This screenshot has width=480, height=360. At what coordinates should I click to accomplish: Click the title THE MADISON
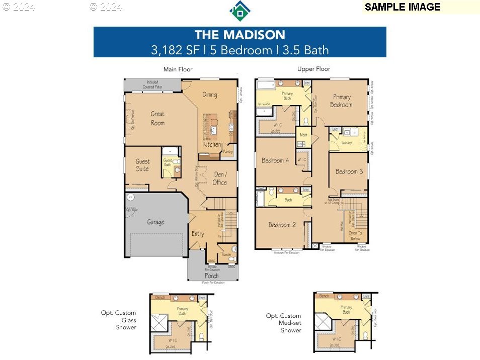tap(239, 35)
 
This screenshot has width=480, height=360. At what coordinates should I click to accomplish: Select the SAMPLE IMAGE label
tap(403, 7)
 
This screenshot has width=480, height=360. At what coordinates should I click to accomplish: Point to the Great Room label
tap(157, 118)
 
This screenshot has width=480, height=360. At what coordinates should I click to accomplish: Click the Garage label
tap(155, 222)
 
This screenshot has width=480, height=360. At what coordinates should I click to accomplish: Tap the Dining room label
tap(210, 95)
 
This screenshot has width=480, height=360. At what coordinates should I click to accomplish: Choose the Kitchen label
tap(212, 145)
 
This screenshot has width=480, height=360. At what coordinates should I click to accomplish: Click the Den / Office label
tap(219, 178)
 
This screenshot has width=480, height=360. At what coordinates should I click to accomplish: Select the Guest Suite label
tap(142, 165)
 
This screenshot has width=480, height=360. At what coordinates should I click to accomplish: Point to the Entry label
tap(198, 234)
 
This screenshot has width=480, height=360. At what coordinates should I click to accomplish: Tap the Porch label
tap(212, 276)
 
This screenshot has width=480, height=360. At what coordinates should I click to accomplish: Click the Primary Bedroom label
tap(341, 101)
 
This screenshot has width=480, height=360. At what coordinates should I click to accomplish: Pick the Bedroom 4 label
tap(275, 160)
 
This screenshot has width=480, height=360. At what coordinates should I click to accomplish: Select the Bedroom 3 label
tap(349, 171)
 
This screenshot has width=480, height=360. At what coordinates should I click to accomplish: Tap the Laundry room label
tap(346, 143)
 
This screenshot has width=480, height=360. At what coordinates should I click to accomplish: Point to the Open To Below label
tap(355, 236)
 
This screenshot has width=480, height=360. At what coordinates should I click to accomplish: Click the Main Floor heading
tap(178, 69)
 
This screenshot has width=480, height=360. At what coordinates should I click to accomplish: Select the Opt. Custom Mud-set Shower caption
tap(284, 323)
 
